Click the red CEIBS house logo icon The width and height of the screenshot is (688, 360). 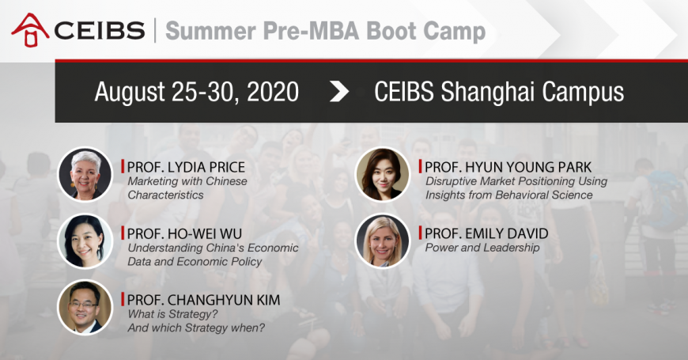pos(29,28)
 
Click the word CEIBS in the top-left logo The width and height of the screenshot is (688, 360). pos(98,30)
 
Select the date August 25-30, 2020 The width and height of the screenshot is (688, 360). pos(196,92)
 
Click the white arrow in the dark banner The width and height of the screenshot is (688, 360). pos(338,92)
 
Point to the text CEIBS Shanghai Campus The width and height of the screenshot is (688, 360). pos(498,92)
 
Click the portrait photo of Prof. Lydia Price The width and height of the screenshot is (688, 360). pos(85,174)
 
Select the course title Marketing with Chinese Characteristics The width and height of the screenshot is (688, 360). pos(187,188)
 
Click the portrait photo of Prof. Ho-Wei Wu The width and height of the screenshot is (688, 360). pos(85,241)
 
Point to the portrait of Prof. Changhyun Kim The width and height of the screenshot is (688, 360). pos(85,307)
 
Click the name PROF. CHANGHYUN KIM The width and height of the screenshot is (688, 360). pos(203,300)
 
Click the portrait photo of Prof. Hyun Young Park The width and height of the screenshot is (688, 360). pos(383,174)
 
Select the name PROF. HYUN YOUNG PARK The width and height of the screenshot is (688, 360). pos(508,167)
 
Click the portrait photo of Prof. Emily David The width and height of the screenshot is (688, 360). pos(383,241)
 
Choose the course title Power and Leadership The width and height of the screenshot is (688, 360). pos(482,248)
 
